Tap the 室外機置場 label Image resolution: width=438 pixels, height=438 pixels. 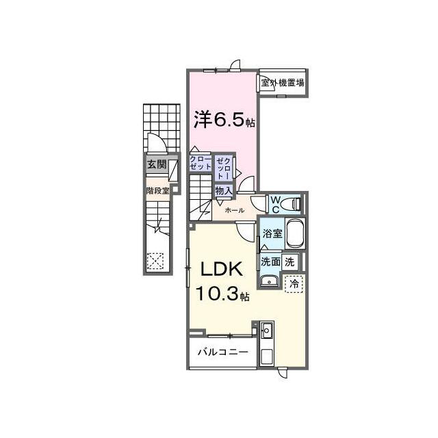click(x=283, y=83)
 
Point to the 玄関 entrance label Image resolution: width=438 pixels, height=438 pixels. click(x=156, y=165)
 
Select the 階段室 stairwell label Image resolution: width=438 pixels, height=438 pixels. click(x=157, y=191)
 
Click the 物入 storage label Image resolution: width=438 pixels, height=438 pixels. click(x=223, y=191)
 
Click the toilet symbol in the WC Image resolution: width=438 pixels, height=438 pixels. click(x=294, y=203)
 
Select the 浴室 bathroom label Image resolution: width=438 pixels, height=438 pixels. click(x=273, y=233)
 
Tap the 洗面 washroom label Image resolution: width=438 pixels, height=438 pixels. click(x=269, y=261)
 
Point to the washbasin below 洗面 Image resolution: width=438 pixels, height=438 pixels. click(x=269, y=279)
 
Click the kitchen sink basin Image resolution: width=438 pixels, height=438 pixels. click(x=267, y=332)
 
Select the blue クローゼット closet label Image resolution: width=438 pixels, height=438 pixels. click(x=201, y=163)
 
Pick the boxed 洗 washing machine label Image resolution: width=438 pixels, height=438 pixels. click(x=290, y=261)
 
